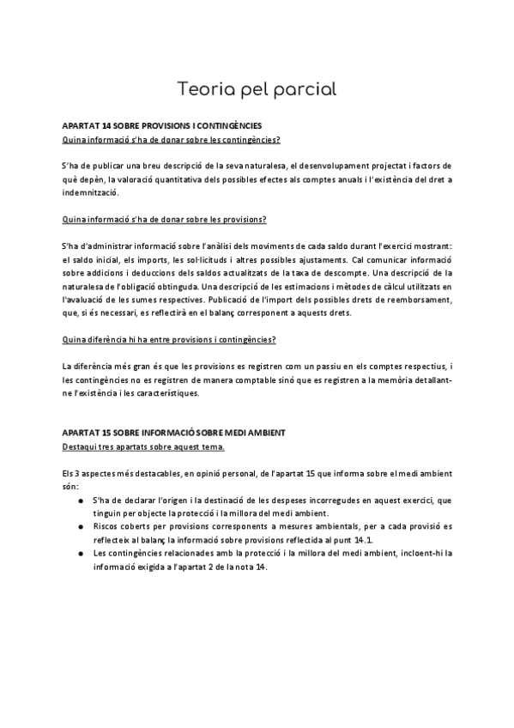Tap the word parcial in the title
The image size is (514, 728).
tap(305, 89)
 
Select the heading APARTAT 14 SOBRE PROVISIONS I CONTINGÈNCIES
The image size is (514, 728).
tap(162, 125)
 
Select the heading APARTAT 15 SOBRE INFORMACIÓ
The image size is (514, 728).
tap(172, 432)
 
